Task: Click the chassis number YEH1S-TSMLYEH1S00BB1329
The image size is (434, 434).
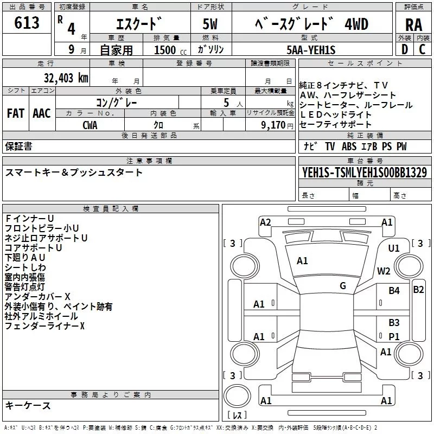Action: coord(364,173)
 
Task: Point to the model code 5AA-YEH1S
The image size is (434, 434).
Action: coord(311,50)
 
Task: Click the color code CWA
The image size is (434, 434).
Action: coord(90,124)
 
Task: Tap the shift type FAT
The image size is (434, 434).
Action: coord(15,113)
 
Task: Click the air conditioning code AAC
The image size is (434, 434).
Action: coord(41,113)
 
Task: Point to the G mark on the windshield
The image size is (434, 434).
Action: coord(343,286)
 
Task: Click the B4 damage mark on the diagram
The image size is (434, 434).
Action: coord(394,291)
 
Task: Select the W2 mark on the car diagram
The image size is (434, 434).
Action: coord(384,271)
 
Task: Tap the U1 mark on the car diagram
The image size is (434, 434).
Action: coord(394,248)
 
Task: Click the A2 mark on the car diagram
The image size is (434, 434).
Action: coord(265,222)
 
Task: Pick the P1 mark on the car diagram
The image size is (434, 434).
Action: coord(394,336)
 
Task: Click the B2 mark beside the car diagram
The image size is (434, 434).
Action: coord(418,290)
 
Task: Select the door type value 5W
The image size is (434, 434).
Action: coord(210,25)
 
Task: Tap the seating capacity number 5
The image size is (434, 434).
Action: coord(225,102)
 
